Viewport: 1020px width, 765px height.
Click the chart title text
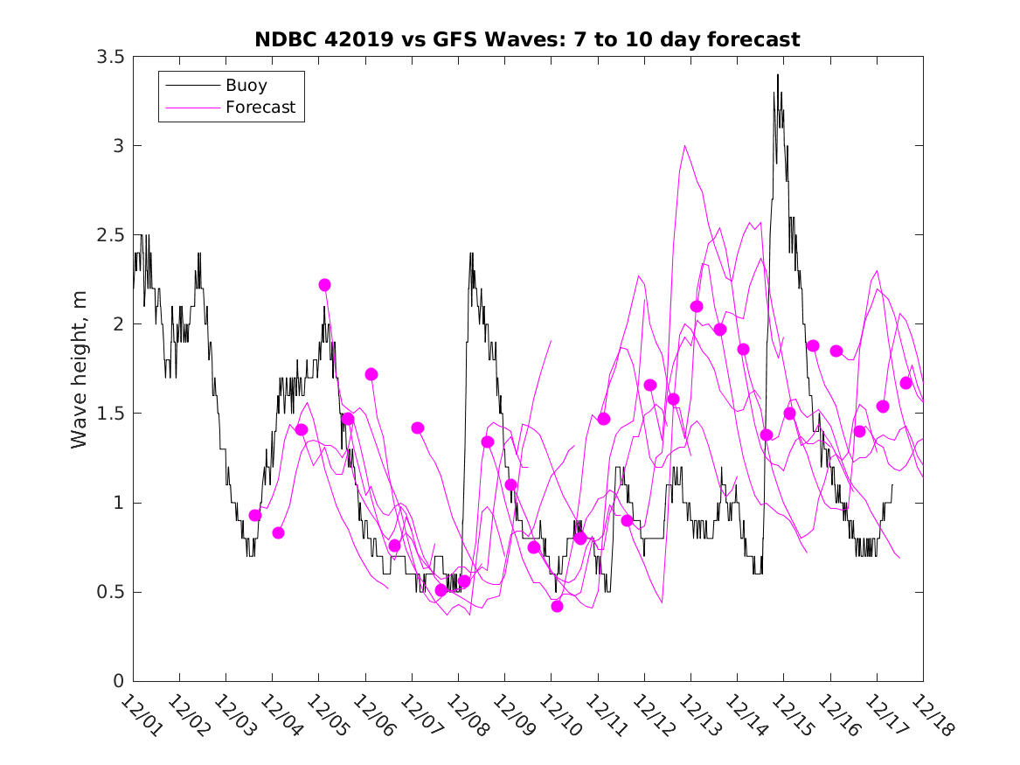point(527,39)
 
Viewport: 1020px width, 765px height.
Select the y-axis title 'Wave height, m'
point(80,370)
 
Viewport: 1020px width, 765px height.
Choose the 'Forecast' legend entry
point(260,108)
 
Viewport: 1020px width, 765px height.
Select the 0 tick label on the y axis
point(120,682)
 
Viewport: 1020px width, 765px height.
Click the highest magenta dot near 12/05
point(324,285)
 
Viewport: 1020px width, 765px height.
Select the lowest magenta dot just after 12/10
point(557,607)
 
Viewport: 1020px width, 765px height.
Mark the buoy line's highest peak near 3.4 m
point(777,75)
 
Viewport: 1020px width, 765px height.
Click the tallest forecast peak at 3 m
point(684,146)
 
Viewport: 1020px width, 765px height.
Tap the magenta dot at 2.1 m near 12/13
point(697,306)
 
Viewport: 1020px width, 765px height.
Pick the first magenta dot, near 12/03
point(255,516)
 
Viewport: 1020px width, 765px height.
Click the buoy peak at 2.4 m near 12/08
point(471,254)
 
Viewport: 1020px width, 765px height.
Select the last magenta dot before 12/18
point(906,383)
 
